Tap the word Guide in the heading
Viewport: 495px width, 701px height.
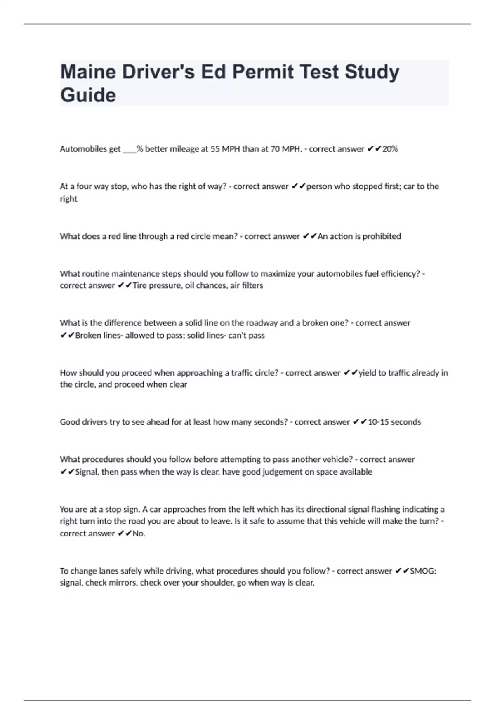tap(88, 95)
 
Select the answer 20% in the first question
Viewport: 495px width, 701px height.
tap(390, 149)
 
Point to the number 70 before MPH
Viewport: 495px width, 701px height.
tap(275, 149)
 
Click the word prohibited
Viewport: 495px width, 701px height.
tap(382, 236)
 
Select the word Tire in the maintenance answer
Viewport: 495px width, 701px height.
tap(139, 285)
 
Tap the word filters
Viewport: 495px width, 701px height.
tap(252, 285)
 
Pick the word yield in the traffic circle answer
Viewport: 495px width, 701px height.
tap(367, 373)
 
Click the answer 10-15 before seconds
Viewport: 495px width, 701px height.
tap(378, 422)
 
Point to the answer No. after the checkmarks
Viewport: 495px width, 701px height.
tap(139, 534)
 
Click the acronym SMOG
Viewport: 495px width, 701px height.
tap(423, 571)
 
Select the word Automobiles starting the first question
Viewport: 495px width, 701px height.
tap(90, 149)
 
